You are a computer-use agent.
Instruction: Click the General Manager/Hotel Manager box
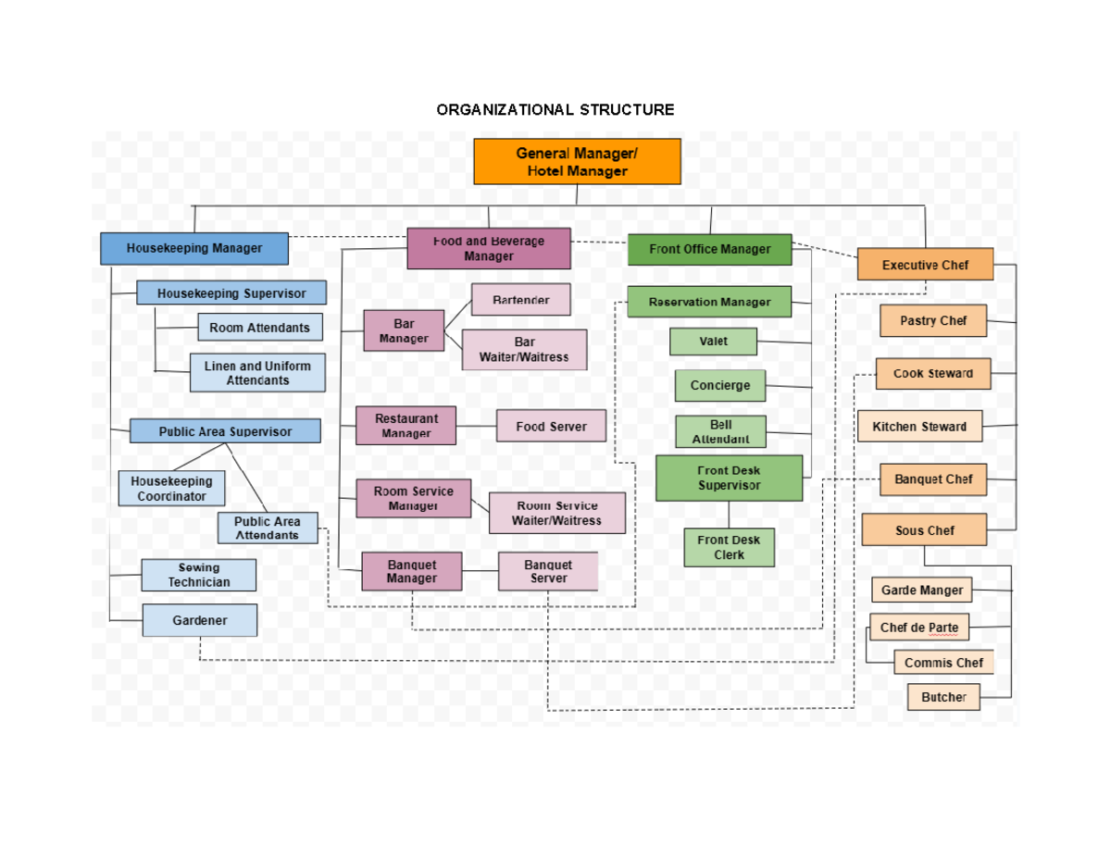tap(577, 162)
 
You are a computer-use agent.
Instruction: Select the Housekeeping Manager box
tap(194, 248)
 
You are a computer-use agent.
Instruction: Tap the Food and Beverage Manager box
tap(488, 248)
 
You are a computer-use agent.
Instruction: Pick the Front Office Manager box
tap(709, 249)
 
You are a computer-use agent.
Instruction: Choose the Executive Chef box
tap(925, 265)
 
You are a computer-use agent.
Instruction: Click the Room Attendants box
tap(259, 328)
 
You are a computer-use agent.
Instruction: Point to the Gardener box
tap(199, 620)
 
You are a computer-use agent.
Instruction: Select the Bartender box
tap(520, 300)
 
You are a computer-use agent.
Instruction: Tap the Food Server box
tap(551, 427)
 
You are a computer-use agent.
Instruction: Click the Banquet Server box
tap(548, 571)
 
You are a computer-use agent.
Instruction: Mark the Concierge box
tap(719, 386)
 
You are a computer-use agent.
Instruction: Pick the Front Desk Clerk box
tap(729, 547)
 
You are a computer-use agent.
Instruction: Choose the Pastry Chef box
tap(932, 320)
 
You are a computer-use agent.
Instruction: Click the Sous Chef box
tap(924, 530)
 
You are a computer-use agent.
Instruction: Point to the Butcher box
tap(943, 697)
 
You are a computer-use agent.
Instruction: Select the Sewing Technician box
tap(198, 575)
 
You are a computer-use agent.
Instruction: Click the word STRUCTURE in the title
tap(627, 110)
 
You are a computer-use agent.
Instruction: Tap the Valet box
tap(713, 342)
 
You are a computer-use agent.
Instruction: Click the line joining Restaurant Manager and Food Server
tap(476, 427)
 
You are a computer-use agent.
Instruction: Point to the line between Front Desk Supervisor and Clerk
tap(729, 515)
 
